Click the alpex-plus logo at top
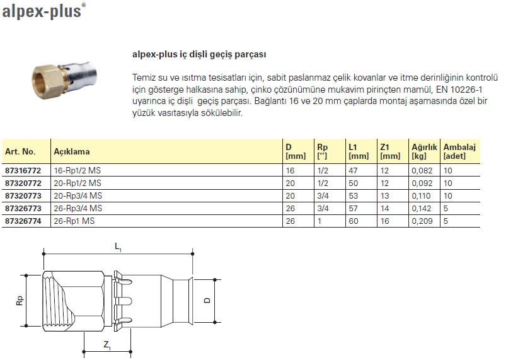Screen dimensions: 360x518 click(x=42, y=11)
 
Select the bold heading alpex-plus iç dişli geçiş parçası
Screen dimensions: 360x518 click(x=199, y=54)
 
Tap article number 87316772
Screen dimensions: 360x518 click(x=23, y=170)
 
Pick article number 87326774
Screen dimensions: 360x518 click(x=23, y=221)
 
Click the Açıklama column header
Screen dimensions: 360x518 click(x=72, y=151)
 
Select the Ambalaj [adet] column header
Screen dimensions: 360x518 click(x=459, y=151)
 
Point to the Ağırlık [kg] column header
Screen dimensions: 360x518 click(x=424, y=151)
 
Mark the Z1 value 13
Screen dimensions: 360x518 click(x=384, y=195)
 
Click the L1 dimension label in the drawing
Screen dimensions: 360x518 click(x=118, y=250)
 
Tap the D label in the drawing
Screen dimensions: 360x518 click(x=207, y=301)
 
